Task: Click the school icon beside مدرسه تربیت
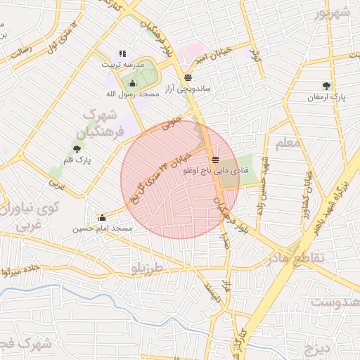pyautogui.click(x=122, y=53)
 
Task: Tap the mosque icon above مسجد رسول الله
pyautogui.click(x=132, y=83)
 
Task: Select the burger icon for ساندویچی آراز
pyautogui.click(x=188, y=78)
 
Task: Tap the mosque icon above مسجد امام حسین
pyautogui.click(x=103, y=217)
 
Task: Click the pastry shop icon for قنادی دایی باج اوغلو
pyautogui.click(x=214, y=159)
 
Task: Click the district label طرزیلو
pyautogui.click(x=146, y=268)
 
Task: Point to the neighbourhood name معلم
pyautogui.click(x=287, y=144)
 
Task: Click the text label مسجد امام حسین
pyautogui.click(x=103, y=229)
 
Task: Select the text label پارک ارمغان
pyautogui.click(x=324, y=97)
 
